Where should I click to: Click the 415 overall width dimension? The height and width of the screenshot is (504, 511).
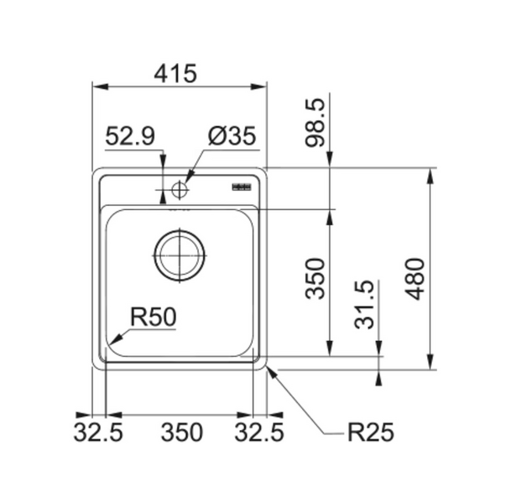point(175,73)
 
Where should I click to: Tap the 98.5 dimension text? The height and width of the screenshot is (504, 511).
point(315,123)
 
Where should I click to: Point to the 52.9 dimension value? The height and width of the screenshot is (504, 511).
point(130,136)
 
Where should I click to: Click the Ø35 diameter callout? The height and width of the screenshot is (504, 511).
point(232,136)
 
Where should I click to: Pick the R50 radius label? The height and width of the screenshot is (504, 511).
point(154,317)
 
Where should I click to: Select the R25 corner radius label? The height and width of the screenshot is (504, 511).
point(371,433)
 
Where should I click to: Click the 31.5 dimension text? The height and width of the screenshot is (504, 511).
point(363,305)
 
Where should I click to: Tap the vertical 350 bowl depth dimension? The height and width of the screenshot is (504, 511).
point(315,279)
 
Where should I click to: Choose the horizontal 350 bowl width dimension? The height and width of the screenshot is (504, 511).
point(182,433)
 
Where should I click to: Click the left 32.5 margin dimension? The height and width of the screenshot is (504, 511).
point(98,433)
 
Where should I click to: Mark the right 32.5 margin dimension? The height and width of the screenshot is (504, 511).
point(259,433)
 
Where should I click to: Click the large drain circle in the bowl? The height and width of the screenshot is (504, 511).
point(180,255)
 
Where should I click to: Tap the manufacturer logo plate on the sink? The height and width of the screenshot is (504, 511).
point(242,187)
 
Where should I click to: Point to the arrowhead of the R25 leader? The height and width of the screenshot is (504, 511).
point(271,372)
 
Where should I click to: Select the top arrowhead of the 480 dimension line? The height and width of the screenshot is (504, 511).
point(430,176)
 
